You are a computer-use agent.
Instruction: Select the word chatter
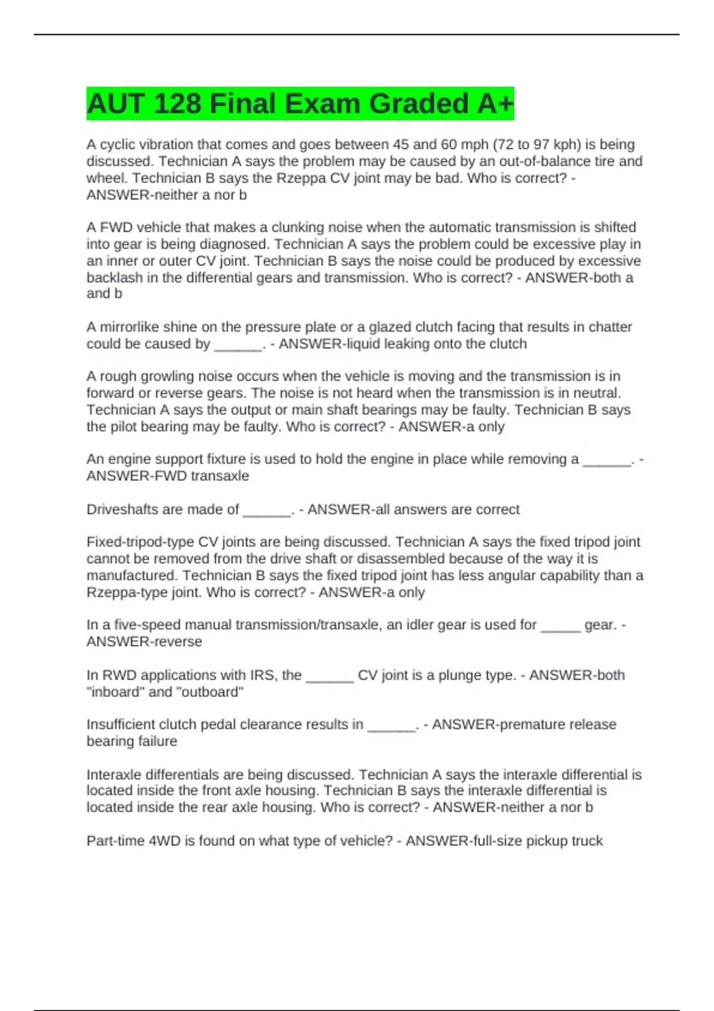click(x=610, y=327)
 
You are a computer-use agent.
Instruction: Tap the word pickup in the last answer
click(x=546, y=841)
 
